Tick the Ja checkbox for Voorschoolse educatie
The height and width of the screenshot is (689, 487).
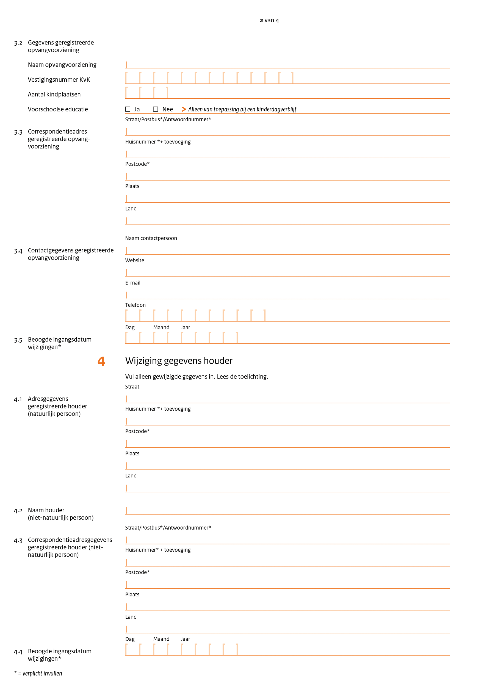pyautogui.click(x=128, y=109)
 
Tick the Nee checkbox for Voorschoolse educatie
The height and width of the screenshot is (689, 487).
pyautogui.click(x=156, y=109)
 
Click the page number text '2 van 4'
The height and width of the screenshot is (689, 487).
pyautogui.click(x=269, y=20)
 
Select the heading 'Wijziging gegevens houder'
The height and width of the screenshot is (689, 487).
pyautogui.click(x=179, y=361)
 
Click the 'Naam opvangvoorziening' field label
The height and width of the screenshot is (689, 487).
pyautogui.click(x=62, y=65)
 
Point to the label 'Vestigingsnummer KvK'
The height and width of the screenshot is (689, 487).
pyautogui.click(x=59, y=79)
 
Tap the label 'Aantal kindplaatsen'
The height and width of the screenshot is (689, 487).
pyautogui.click(x=54, y=95)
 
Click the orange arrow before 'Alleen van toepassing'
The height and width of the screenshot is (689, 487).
pyautogui.click(x=184, y=109)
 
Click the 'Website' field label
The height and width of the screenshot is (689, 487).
pyautogui.click(x=135, y=261)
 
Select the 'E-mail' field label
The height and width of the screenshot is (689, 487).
pyautogui.click(x=133, y=283)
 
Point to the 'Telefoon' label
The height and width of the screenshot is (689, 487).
pyautogui.click(x=135, y=305)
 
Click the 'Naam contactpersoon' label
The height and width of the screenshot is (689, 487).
pyautogui.click(x=151, y=238)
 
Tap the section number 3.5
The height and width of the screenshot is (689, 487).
pyautogui.click(x=18, y=340)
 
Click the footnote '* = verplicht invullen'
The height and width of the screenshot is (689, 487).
pyautogui.click(x=38, y=673)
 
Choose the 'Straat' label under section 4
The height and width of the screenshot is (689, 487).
pyautogui.click(x=132, y=387)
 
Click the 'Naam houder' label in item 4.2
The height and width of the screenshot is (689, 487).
pyautogui.click(x=46, y=510)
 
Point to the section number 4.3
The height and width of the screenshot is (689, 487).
pyautogui.click(x=18, y=541)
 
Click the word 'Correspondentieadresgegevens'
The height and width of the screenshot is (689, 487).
pyautogui.click(x=70, y=540)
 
